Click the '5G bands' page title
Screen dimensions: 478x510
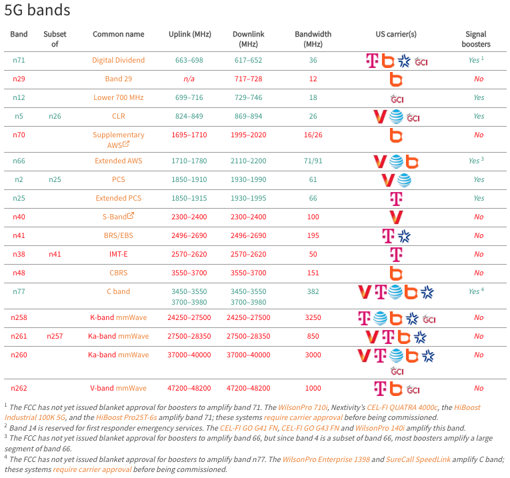37,11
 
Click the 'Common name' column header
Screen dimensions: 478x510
118,34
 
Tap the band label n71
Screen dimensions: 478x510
19,60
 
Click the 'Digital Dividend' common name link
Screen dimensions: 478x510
118,60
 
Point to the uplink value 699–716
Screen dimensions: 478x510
189,97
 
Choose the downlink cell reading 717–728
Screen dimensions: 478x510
247,79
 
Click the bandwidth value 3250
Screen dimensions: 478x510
313,317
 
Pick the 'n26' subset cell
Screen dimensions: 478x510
55,116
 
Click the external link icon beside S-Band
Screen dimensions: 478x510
131,215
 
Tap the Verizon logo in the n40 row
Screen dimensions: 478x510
396,217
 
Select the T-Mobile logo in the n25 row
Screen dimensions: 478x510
396,198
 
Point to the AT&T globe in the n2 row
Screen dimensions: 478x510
404,179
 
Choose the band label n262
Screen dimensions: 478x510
19,388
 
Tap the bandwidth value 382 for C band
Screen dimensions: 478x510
313,291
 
